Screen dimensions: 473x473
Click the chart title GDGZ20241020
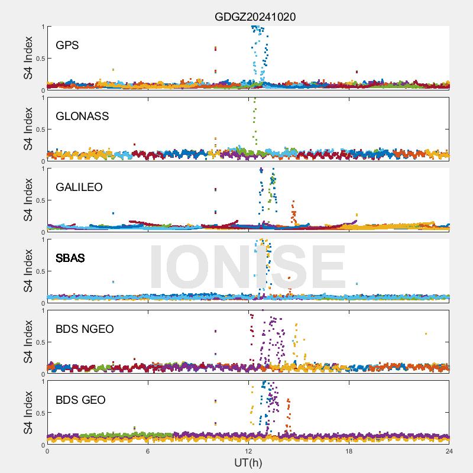point(255,17)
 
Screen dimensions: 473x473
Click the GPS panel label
point(67,45)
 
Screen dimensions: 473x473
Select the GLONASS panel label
point(82,116)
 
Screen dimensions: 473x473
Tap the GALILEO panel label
point(79,187)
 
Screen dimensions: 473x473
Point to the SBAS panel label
point(70,258)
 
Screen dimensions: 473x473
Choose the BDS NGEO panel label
point(85,329)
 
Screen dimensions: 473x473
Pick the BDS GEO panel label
point(80,400)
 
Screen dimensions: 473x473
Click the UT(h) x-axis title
point(248,462)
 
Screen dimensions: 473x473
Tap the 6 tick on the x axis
point(148,451)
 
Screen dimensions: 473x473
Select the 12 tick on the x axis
point(248,451)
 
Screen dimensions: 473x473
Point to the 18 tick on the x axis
point(349,451)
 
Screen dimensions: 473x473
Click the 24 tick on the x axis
point(449,451)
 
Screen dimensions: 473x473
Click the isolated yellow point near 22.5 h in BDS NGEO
point(426,334)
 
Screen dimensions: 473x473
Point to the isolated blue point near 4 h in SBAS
point(113,282)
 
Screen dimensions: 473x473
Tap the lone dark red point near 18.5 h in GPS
point(357,72)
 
